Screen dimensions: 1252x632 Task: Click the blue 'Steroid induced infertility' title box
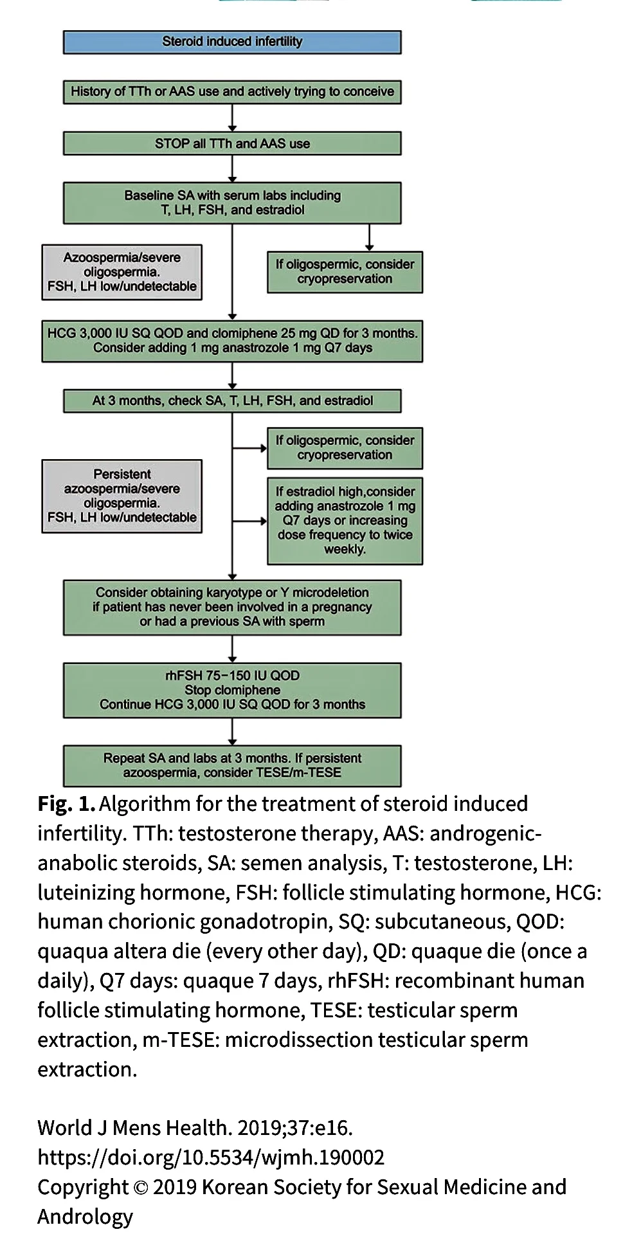pos(232,42)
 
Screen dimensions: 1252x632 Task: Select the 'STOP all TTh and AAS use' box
pos(232,143)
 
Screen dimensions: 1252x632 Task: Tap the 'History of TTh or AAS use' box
pos(232,91)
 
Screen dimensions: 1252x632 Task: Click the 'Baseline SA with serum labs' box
pos(232,203)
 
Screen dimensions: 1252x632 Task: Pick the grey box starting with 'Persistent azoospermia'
pos(122,496)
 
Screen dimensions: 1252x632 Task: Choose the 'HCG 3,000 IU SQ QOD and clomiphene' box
pos(232,341)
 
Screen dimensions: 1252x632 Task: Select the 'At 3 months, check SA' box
pos(232,401)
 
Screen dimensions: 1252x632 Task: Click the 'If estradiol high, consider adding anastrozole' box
pos(345,520)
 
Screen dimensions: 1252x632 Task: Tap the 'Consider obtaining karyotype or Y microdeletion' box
pos(232,607)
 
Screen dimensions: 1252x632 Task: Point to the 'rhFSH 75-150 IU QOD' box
pos(232,690)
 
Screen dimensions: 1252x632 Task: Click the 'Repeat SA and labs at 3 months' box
pos(232,765)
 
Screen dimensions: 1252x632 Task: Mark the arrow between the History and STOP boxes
pos(232,118)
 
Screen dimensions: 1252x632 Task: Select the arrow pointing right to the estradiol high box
pos(250,521)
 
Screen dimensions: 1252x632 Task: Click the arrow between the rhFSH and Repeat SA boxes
pos(232,732)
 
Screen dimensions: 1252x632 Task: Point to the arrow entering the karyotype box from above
pos(232,572)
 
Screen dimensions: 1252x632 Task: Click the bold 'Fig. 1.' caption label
pos(66,804)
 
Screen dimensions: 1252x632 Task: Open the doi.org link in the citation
pos(211,1157)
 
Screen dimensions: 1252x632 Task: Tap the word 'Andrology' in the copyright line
pos(85,1217)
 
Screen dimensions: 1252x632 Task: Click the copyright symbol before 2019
pos(140,1188)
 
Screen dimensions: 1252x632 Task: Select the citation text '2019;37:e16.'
pos(294,1128)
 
